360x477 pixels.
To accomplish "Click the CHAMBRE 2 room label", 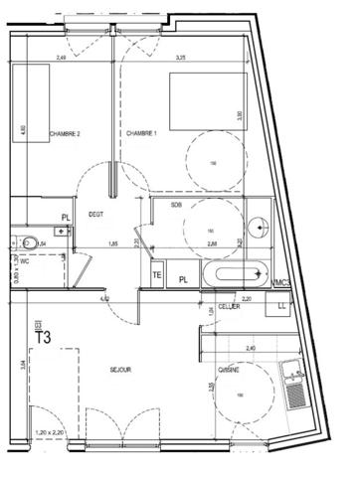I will [x=65, y=133].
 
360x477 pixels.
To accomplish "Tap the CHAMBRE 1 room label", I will [x=142, y=133].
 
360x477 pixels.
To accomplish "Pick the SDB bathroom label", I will [x=176, y=205].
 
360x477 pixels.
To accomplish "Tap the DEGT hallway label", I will [x=95, y=213].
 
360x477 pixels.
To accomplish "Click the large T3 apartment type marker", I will [x=44, y=337].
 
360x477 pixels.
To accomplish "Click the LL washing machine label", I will [x=283, y=307].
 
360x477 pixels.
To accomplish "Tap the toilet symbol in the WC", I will [x=30, y=242].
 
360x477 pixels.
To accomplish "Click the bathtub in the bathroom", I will [x=235, y=274].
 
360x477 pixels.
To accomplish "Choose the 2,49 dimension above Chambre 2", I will [x=61, y=59].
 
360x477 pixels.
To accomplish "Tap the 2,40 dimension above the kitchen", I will [x=250, y=348].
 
